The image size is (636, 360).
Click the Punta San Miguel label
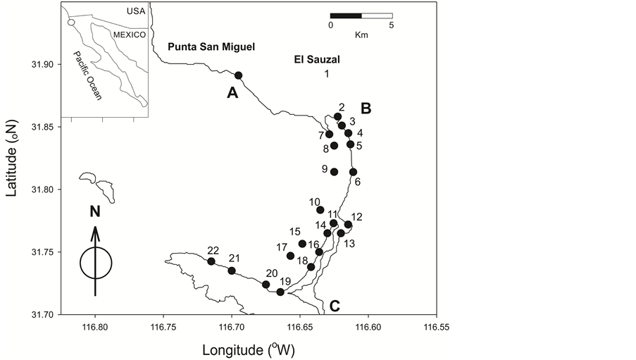point(211,47)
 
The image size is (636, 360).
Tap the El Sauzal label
point(316,60)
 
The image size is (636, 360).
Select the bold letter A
point(232,92)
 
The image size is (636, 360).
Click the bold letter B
point(366,108)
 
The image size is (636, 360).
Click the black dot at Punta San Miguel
point(238,75)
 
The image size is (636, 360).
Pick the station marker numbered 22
point(211,261)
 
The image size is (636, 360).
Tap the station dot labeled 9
point(334,172)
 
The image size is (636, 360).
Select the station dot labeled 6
point(353,172)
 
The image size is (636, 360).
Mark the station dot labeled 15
point(302,244)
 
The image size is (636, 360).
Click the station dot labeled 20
point(266,285)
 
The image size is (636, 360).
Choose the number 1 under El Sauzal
point(327,73)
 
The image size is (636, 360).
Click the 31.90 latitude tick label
point(44,65)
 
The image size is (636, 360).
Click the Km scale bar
point(361,15)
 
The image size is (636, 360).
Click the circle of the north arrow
point(95,263)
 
